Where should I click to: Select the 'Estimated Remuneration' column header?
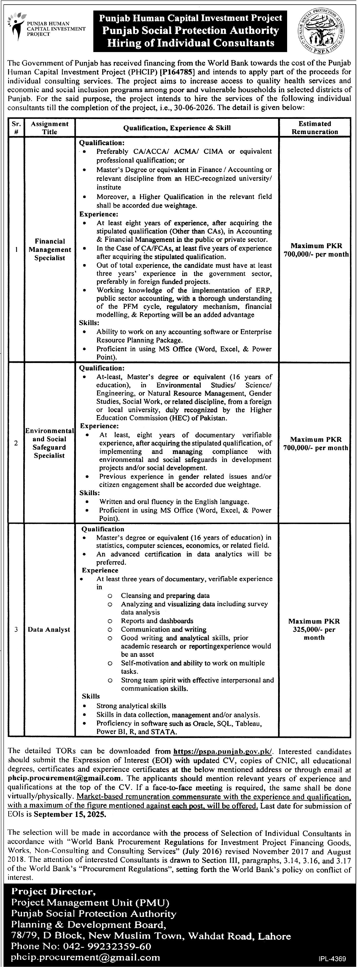[315, 128]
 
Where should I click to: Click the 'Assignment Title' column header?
[50, 128]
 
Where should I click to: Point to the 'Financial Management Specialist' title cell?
[50, 250]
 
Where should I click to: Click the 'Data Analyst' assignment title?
[49, 629]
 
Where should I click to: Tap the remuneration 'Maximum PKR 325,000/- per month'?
[314, 629]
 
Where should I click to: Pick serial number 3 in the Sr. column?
[16, 629]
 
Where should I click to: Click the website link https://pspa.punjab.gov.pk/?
[223, 751]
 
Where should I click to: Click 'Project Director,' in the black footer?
[51, 891]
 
